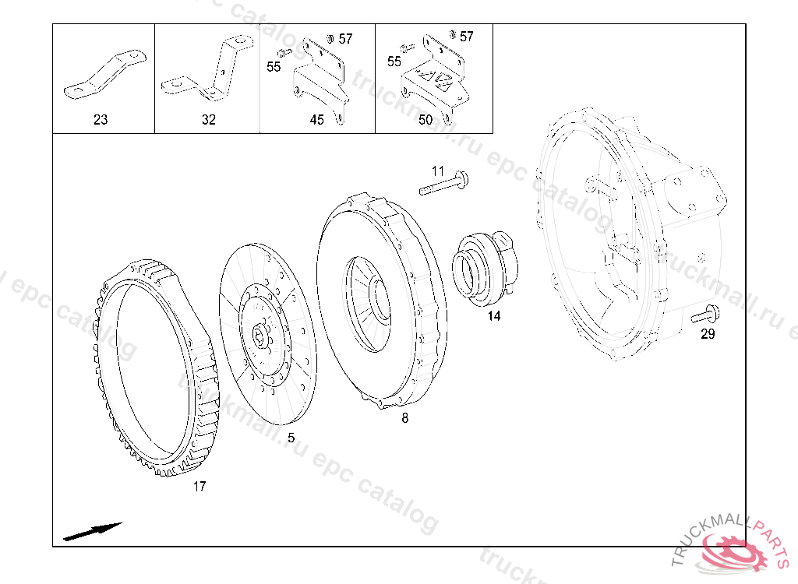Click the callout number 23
pyautogui.click(x=101, y=120)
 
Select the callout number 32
pyautogui.click(x=209, y=120)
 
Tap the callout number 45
pyautogui.click(x=316, y=120)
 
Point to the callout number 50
pyautogui.click(x=425, y=120)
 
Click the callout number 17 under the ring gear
pyautogui.click(x=199, y=487)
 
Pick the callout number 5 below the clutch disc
pyautogui.click(x=291, y=438)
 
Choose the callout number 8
pyautogui.click(x=404, y=418)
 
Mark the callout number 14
pyautogui.click(x=493, y=316)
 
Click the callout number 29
pyautogui.click(x=708, y=334)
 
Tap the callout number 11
pyautogui.click(x=438, y=171)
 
